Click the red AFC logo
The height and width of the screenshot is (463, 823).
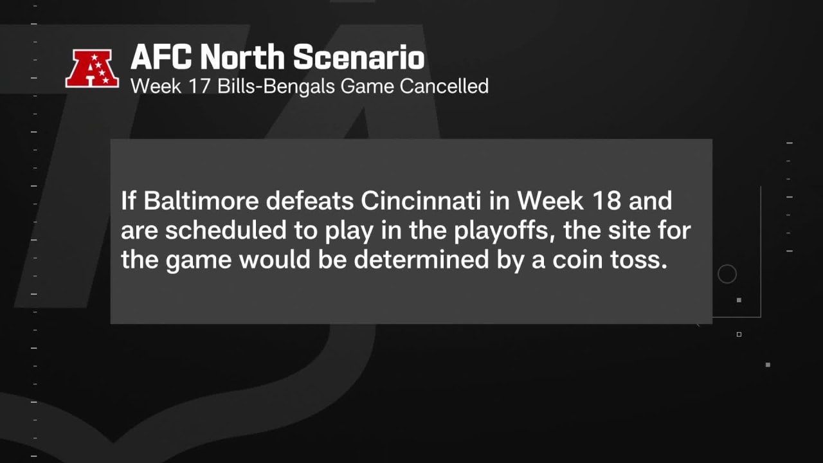[92, 69]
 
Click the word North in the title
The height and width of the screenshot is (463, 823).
[242, 57]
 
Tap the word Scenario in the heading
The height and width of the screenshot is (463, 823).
[359, 57]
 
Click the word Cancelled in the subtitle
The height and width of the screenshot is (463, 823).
[444, 86]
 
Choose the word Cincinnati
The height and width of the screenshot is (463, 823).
[421, 201]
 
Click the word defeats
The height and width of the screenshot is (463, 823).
[309, 201]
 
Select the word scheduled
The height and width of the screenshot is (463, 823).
[226, 230]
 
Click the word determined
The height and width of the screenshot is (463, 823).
[421, 260]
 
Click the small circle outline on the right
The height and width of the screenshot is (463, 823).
[727, 265]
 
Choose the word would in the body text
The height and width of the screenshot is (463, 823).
[275, 260]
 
